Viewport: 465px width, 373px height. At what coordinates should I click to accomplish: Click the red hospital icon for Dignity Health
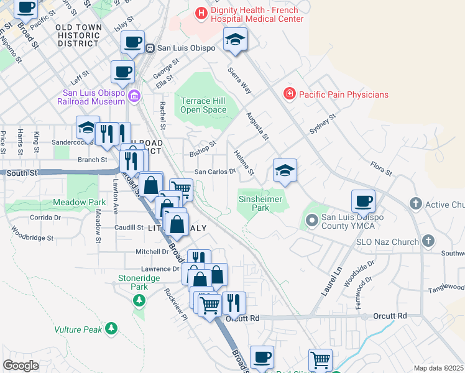click(x=201, y=12)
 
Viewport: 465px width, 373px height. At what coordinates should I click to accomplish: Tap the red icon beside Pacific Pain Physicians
click(x=289, y=94)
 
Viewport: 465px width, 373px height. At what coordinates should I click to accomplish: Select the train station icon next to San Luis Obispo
click(x=150, y=48)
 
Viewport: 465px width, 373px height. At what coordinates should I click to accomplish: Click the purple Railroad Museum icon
click(x=135, y=95)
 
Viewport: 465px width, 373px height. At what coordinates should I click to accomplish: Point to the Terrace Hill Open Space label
click(x=203, y=105)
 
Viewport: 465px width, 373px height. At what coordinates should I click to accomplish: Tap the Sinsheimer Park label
click(x=260, y=203)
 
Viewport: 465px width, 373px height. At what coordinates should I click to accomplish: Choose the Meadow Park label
click(x=79, y=203)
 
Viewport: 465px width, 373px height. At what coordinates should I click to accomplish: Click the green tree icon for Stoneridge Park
click(x=139, y=301)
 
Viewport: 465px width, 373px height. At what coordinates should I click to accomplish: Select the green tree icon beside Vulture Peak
click(x=111, y=328)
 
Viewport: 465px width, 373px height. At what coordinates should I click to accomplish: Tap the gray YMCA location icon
click(x=311, y=219)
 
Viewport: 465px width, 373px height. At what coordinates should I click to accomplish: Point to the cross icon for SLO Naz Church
click(x=427, y=241)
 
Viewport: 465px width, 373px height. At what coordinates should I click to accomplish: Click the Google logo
click(x=21, y=366)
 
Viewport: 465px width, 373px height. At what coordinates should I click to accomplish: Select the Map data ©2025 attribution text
click(x=438, y=368)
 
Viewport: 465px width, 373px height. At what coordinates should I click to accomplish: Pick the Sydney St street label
click(x=323, y=124)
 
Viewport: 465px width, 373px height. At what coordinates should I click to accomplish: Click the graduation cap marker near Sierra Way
click(x=235, y=40)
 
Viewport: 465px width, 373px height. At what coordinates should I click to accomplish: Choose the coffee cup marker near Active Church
click(x=364, y=202)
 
